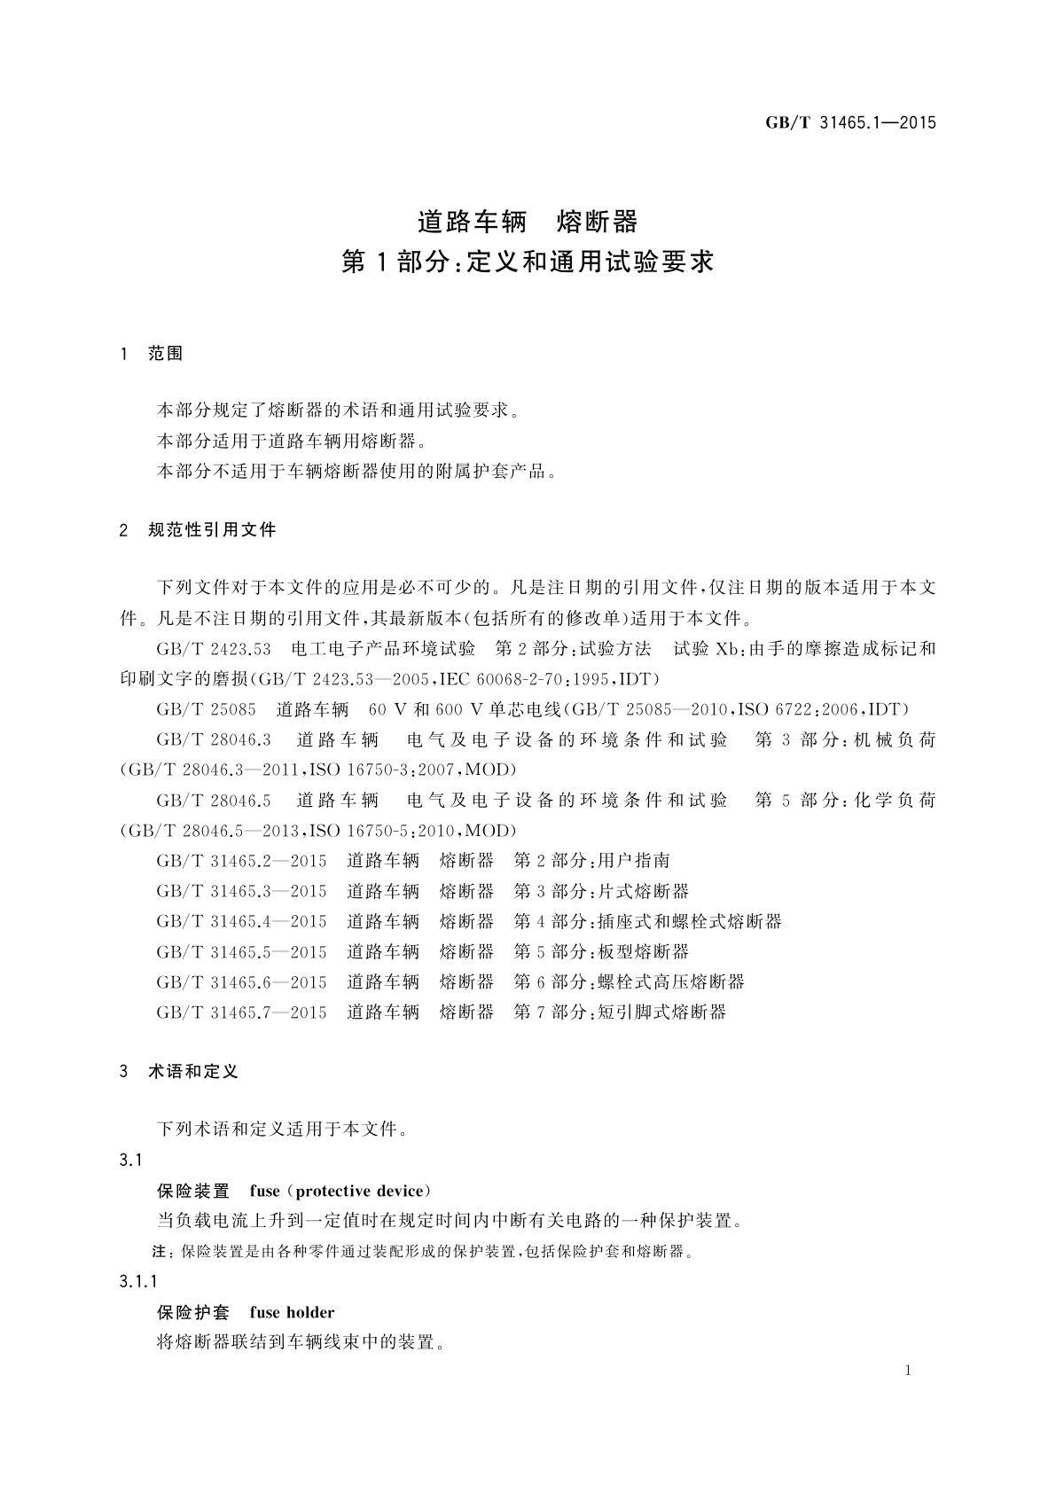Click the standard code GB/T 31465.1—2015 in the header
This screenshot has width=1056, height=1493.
(850, 123)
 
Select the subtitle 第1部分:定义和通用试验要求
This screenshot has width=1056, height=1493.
(528, 262)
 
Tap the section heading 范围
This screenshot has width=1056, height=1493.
(165, 354)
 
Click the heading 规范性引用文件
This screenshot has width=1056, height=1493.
(212, 530)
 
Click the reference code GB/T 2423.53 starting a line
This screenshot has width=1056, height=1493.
(214, 649)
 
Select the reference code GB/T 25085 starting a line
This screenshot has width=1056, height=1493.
(206, 709)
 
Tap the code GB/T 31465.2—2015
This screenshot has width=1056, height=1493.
(241, 860)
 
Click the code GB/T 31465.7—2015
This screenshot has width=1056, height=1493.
(241, 1012)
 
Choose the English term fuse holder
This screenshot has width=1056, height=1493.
(292, 1312)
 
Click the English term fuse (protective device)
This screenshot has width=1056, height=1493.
(340, 1191)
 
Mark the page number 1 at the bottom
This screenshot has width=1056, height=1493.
(909, 1371)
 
